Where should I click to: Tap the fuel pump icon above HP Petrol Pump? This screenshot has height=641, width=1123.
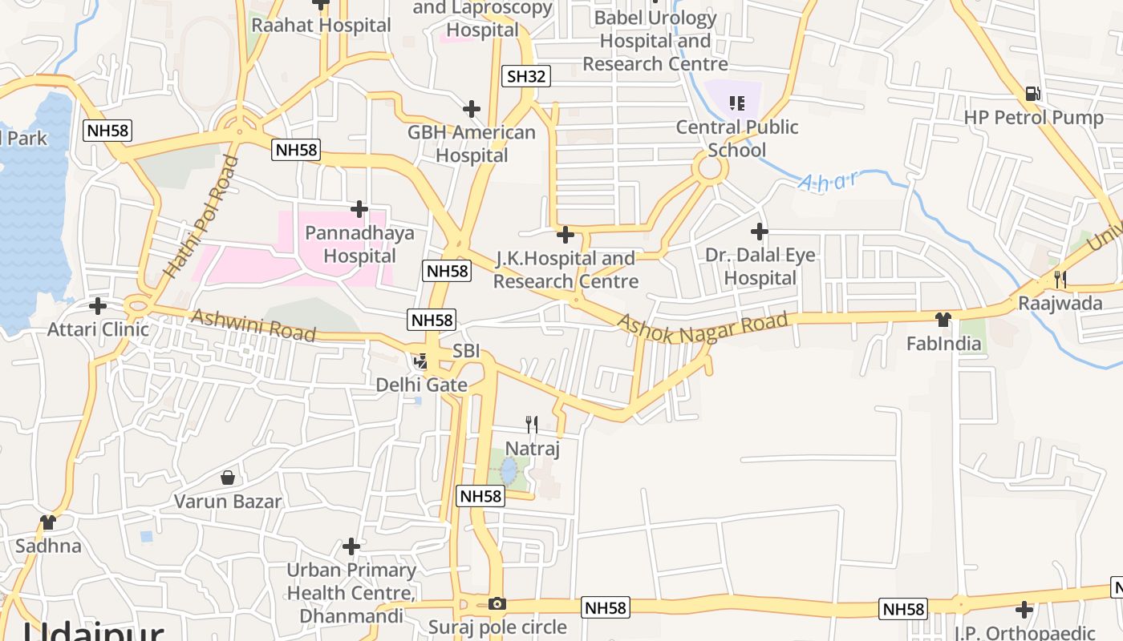click(x=1032, y=94)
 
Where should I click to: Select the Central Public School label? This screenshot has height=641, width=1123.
click(x=737, y=139)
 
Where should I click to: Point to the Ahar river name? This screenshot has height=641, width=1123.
click(x=828, y=181)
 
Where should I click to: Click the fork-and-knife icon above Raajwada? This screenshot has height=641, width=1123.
click(x=1060, y=279)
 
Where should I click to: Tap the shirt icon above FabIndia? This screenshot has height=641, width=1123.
click(x=943, y=320)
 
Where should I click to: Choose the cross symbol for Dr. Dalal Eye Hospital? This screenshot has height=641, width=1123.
click(x=759, y=232)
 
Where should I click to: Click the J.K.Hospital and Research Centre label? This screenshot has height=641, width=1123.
click(x=566, y=270)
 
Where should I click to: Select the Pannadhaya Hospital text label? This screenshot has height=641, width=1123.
click(x=359, y=244)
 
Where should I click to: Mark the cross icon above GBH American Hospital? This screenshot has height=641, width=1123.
click(x=472, y=109)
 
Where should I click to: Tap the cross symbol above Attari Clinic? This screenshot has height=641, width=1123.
click(x=98, y=305)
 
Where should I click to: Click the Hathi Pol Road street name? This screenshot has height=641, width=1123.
click(x=201, y=217)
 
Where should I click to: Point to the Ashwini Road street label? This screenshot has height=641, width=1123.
click(x=253, y=325)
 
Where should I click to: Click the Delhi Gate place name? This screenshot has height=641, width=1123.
click(x=422, y=385)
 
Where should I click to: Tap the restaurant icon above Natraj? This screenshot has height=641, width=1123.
click(x=531, y=424)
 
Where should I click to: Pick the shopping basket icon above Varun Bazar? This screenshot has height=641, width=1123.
click(x=228, y=478)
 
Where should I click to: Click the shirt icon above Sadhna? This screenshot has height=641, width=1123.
click(x=48, y=522)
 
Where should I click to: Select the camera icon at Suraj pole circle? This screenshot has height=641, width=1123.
click(x=497, y=604)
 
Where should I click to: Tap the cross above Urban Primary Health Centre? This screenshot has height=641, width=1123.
click(x=351, y=546)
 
